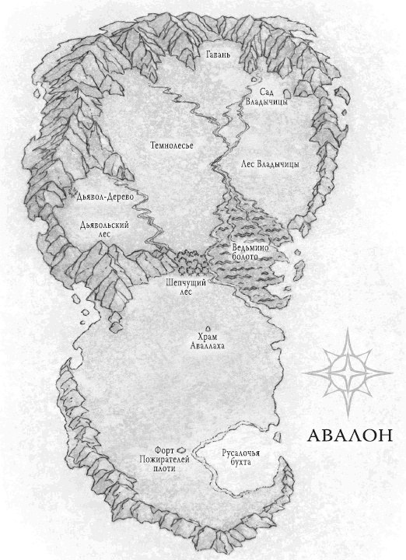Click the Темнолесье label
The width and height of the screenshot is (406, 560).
[171, 145]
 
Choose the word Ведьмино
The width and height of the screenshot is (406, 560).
[250, 247]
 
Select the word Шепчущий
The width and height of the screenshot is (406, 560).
[187, 282]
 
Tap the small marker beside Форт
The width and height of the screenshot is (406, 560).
[179, 449]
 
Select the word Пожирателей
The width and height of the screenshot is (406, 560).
[159, 460]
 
